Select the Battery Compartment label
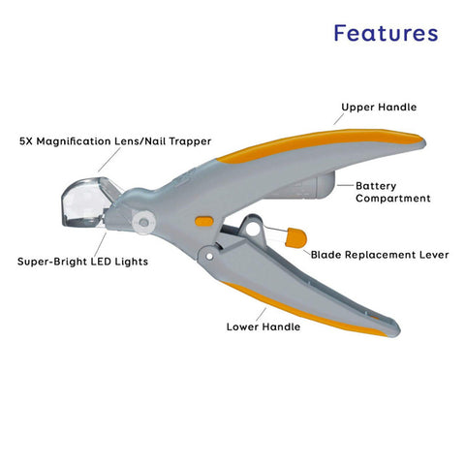point(392,191)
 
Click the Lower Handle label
point(263,326)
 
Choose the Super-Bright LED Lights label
point(82,262)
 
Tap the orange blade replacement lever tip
point(294,237)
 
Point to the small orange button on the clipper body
point(203,221)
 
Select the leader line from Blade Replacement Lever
point(302,252)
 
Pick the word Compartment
point(392,198)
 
